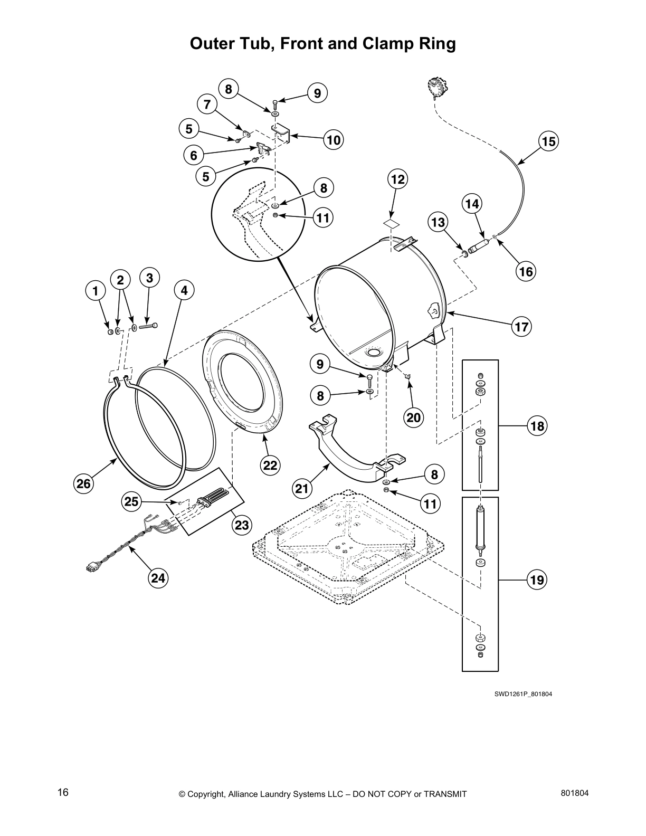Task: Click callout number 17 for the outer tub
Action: pyautogui.click(x=521, y=327)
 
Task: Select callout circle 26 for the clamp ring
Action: pyautogui.click(x=83, y=483)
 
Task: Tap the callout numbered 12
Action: pyautogui.click(x=397, y=179)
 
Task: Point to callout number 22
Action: pyautogui.click(x=270, y=465)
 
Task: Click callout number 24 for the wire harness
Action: pyautogui.click(x=158, y=578)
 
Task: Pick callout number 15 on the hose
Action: pyautogui.click(x=548, y=141)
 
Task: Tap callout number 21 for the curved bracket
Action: pyautogui.click(x=301, y=489)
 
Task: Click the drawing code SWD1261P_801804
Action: pyautogui.click(x=522, y=693)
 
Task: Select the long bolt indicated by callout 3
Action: pyautogui.click(x=149, y=327)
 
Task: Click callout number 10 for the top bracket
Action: pyautogui.click(x=334, y=140)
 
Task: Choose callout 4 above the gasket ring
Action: pyautogui.click(x=184, y=290)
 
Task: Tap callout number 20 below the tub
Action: pyautogui.click(x=414, y=417)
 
